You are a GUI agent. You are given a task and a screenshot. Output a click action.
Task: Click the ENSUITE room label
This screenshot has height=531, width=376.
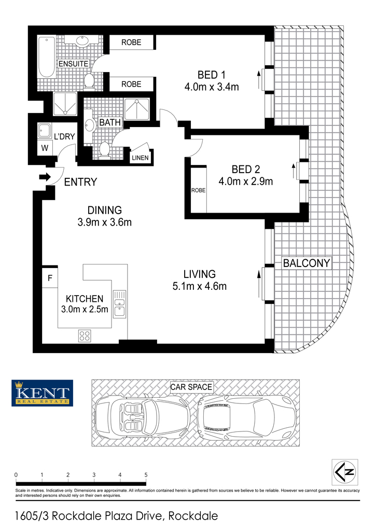point(74,64)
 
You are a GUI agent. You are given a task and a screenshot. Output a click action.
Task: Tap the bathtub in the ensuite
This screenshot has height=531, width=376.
point(46,57)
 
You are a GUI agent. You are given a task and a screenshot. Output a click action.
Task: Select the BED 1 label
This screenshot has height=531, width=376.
point(212,75)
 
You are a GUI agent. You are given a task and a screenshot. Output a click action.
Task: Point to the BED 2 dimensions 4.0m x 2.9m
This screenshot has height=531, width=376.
point(246,181)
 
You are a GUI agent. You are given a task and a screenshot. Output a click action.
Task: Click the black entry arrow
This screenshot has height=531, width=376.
point(45,177)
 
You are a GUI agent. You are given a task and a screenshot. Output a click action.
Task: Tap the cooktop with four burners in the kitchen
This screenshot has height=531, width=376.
point(85,336)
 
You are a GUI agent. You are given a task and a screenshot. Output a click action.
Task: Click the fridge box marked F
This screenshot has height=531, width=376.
point(50,278)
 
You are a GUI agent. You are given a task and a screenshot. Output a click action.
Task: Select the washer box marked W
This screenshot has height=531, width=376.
point(45,148)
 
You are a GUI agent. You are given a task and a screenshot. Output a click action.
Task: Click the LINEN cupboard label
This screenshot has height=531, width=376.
point(140,158)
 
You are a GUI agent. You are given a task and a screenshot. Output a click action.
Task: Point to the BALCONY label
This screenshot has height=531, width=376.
point(307,263)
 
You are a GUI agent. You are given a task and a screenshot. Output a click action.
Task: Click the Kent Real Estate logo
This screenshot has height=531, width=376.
point(43,393)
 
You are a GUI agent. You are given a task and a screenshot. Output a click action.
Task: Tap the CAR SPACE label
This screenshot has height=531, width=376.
point(191,387)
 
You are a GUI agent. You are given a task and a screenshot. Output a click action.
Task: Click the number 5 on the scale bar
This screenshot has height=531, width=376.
point(146,475)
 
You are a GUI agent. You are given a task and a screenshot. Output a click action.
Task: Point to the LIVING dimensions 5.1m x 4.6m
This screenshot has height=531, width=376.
point(200,286)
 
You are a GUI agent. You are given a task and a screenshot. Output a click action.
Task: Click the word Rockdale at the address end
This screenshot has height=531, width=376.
point(193,516)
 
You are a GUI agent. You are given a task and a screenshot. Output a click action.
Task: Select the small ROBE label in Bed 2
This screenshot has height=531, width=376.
point(199,190)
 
